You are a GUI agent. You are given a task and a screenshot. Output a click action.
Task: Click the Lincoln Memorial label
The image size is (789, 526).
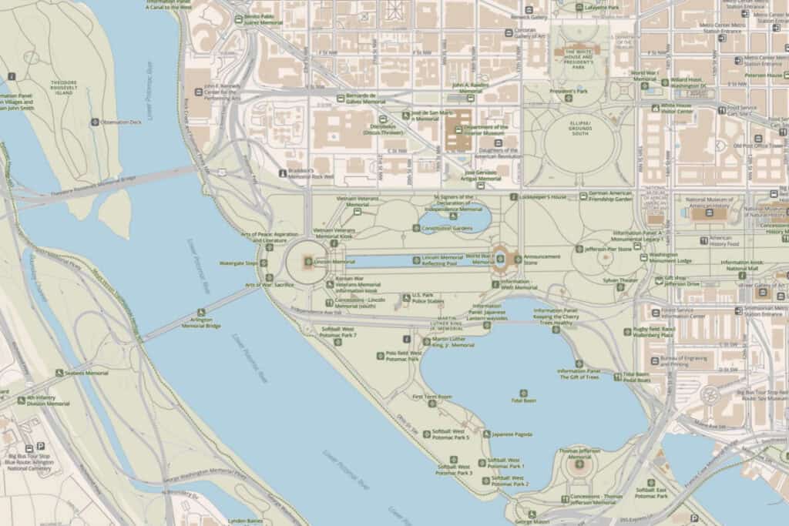334,262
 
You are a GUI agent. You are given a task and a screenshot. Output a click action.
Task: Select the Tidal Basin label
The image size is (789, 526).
529,400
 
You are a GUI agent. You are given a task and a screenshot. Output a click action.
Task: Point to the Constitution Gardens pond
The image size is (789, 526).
455,220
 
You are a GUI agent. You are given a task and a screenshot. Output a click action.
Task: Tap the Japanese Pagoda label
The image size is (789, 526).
512,434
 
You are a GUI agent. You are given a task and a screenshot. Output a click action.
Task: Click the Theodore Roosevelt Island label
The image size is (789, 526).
53,86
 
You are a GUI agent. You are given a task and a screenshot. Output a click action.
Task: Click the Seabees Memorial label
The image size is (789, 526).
86,373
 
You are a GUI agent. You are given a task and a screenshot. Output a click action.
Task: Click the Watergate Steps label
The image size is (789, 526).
239,263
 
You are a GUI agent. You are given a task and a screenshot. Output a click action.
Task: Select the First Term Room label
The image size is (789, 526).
432,397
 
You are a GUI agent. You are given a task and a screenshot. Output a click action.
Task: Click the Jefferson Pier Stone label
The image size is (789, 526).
613,249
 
